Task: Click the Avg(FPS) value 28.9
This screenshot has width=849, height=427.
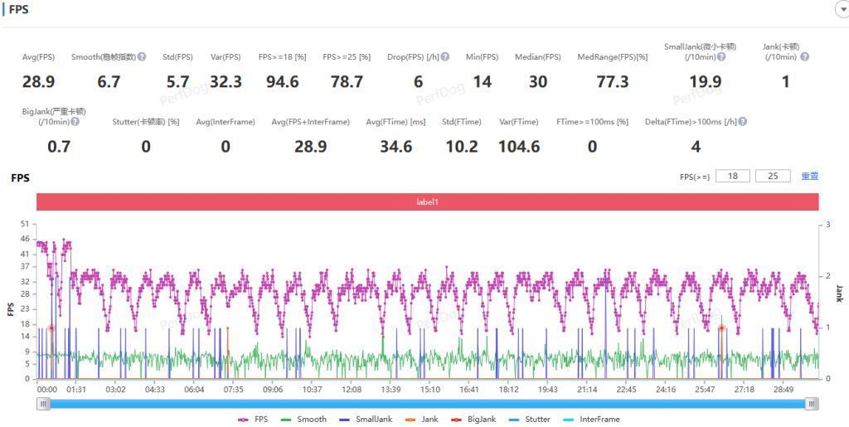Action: (x=38, y=81)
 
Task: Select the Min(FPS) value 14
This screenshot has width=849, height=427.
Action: (x=482, y=81)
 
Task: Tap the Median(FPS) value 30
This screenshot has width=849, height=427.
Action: (x=537, y=81)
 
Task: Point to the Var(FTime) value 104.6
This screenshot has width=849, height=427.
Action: (x=519, y=147)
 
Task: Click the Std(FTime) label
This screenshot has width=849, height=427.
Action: (x=461, y=122)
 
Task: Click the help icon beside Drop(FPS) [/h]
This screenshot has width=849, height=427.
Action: (x=445, y=57)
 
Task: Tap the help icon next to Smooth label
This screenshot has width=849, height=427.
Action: (x=142, y=57)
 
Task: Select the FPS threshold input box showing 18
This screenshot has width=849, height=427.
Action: (x=733, y=177)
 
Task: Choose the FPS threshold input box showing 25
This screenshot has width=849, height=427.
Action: (x=773, y=177)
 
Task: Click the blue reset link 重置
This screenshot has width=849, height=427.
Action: (x=810, y=177)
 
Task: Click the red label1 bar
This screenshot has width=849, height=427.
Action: (x=427, y=201)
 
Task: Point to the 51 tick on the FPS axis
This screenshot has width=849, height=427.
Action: (x=25, y=224)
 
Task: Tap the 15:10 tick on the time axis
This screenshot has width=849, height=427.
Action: (x=430, y=389)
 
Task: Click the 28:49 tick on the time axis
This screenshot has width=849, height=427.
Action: (x=783, y=389)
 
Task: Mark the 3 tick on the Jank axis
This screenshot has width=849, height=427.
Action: (x=827, y=225)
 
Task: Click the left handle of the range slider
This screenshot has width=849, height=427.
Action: (x=44, y=404)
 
